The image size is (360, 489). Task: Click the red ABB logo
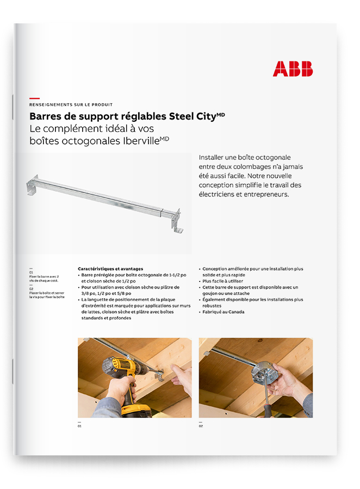(293, 68)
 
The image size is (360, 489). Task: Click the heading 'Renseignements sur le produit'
(71, 104)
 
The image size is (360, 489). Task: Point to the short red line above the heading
(34, 97)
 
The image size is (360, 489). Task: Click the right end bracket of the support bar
(175, 220)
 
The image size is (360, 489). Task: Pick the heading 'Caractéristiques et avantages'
(110, 268)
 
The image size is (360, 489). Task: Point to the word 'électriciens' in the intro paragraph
(219, 194)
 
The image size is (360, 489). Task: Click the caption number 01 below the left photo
(79, 427)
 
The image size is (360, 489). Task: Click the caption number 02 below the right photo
(201, 427)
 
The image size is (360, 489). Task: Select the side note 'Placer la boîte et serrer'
(47, 293)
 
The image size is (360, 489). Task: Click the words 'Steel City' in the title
(192, 116)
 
